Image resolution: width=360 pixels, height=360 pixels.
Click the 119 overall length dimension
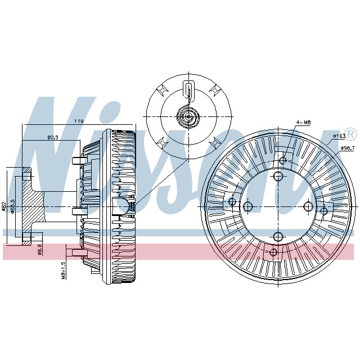pyautogui.click(x=79, y=121)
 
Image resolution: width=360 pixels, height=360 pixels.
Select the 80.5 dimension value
pyautogui.click(x=53, y=137)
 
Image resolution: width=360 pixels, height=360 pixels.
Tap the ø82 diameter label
pyautogui.click(x=4, y=206)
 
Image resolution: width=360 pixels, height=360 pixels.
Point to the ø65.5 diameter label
pyautogui.click(x=12, y=205)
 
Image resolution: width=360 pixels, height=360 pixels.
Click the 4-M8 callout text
pyautogui.click(x=304, y=122)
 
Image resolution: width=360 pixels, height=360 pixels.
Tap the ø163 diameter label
pyautogui.click(x=339, y=136)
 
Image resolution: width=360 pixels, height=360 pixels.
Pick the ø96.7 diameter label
pyautogui.click(x=347, y=148)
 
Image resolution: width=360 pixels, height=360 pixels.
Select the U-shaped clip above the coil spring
pyautogui.click(x=188, y=89)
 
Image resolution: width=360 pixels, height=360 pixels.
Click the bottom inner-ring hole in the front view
pyautogui.click(x=278, y=236)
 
